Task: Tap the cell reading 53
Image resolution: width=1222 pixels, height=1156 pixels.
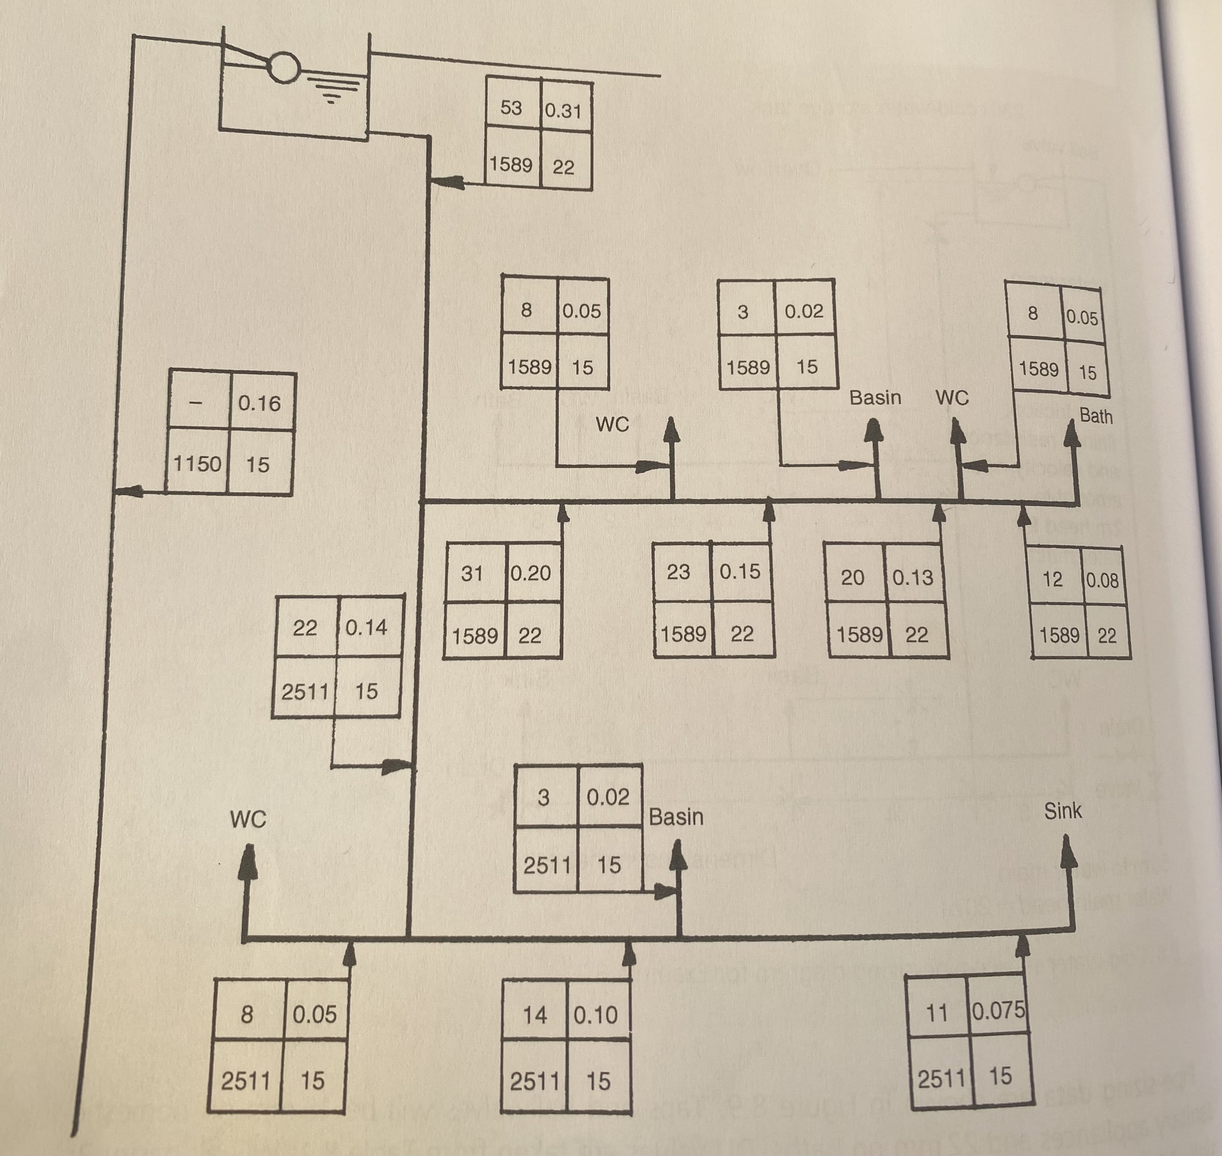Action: pos(511,108)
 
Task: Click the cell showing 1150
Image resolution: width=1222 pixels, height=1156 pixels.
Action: pos(197,463)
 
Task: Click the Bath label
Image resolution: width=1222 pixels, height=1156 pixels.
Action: pos(1096,416)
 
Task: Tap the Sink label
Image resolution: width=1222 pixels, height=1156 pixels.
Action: pos(1062,811)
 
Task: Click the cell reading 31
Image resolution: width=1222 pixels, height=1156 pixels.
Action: pos(472,573)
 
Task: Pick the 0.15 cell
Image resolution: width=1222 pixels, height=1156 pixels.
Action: pos(740,571)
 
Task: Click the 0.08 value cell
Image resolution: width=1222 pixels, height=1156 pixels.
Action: pos(1102,579)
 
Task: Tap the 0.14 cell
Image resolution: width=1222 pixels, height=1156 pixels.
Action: pos(366,627)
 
